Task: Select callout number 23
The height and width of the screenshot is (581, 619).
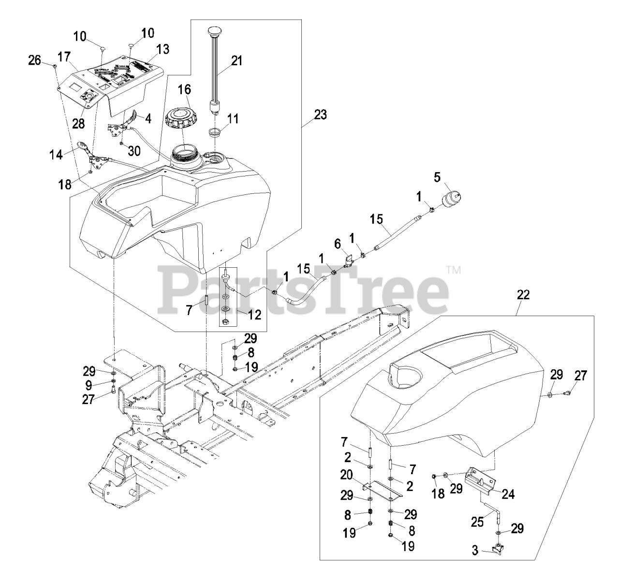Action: click(320, 115)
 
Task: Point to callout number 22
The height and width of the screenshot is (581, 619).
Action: click(523, 295)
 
